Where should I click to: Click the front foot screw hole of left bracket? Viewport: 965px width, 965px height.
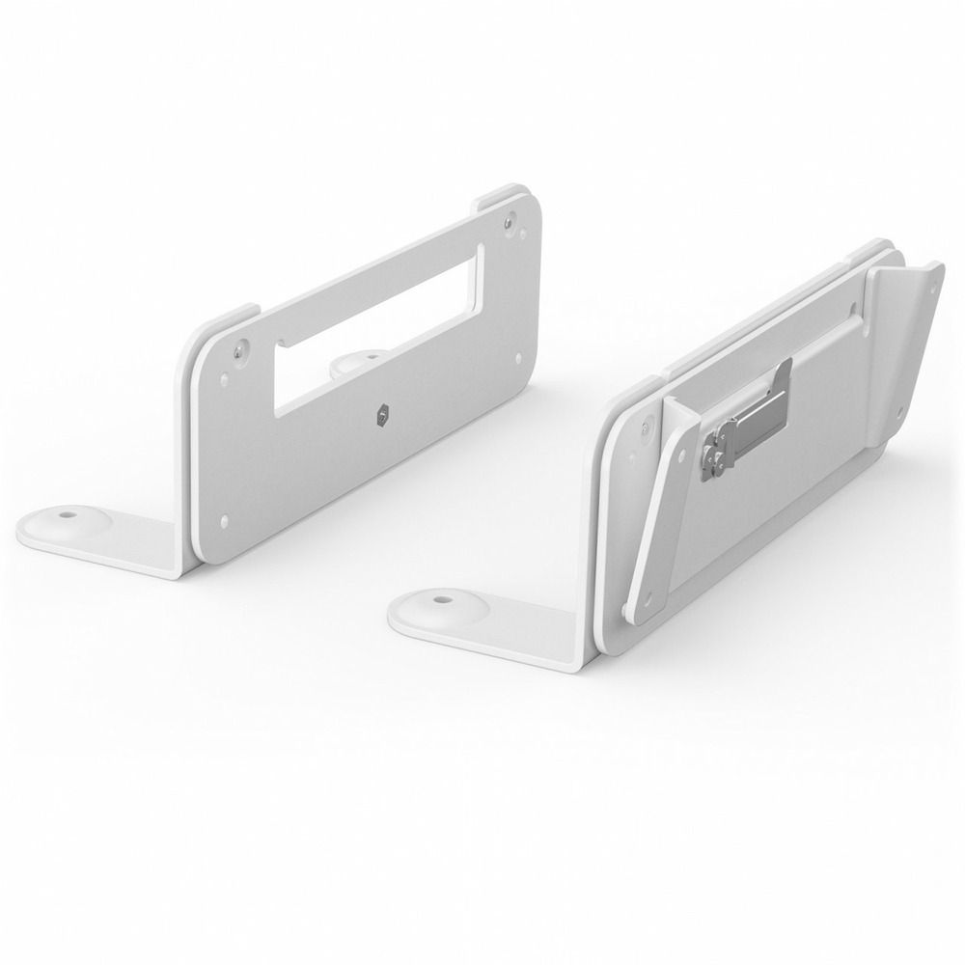pos(65,515)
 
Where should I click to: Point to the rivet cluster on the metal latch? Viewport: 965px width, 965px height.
pos(715,453)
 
